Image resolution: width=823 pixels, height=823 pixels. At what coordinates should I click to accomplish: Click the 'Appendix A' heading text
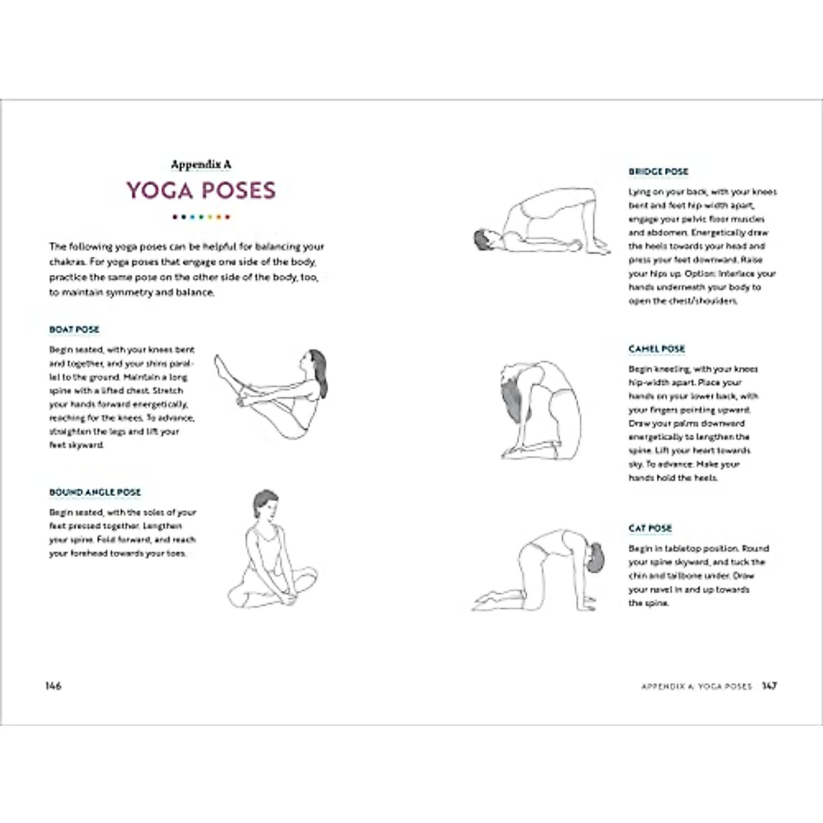click(x=201, y=165)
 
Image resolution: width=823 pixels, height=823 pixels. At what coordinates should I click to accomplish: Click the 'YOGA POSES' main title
click(x=201, y=191)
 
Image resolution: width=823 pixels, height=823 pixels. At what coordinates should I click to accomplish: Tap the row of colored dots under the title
click(x=201, y=217)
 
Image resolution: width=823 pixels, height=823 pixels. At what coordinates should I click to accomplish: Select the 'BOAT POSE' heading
click(x=74, y=330)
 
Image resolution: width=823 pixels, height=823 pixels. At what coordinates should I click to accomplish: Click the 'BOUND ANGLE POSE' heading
click(x=95, y=492)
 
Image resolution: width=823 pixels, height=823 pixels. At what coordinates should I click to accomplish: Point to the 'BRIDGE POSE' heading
click(x=658, y=171)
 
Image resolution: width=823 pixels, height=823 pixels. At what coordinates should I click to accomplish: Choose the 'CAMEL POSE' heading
click(x=657, y=349)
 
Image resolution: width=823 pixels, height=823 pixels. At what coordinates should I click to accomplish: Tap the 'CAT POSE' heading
click(x=650, y=528)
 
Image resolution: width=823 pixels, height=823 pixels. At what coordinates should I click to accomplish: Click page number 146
click(x=53, y=686)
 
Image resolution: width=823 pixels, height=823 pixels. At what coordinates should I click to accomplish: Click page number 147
click(x=770, y=686)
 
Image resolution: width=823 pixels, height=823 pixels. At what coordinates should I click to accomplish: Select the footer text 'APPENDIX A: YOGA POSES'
click(x=696, y=687)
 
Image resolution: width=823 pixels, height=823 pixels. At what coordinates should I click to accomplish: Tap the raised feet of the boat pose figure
click(x=222, y=367)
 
